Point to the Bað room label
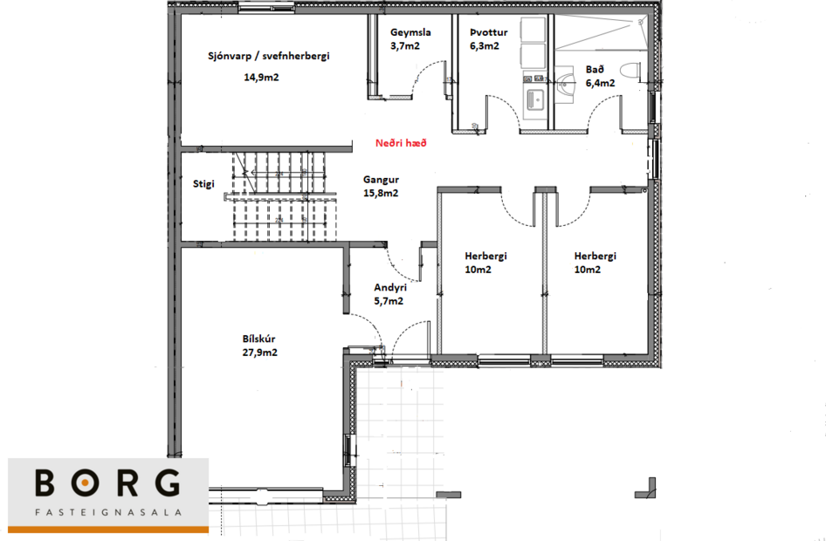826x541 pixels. (x=595, y=70)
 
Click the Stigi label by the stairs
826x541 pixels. (x=203, y=184)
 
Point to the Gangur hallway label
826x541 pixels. (x=381, y=180)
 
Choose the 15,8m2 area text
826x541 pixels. (x=381, y=193)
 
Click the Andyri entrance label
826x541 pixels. (x=389, y=287)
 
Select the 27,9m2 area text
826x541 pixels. (x=261, y=353)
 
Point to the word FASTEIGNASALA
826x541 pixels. (x=108, y=513)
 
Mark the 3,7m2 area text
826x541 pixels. (x=405, y=45)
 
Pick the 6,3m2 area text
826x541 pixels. (x=484, y=45)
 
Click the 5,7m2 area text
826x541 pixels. (x=389, y=301)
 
